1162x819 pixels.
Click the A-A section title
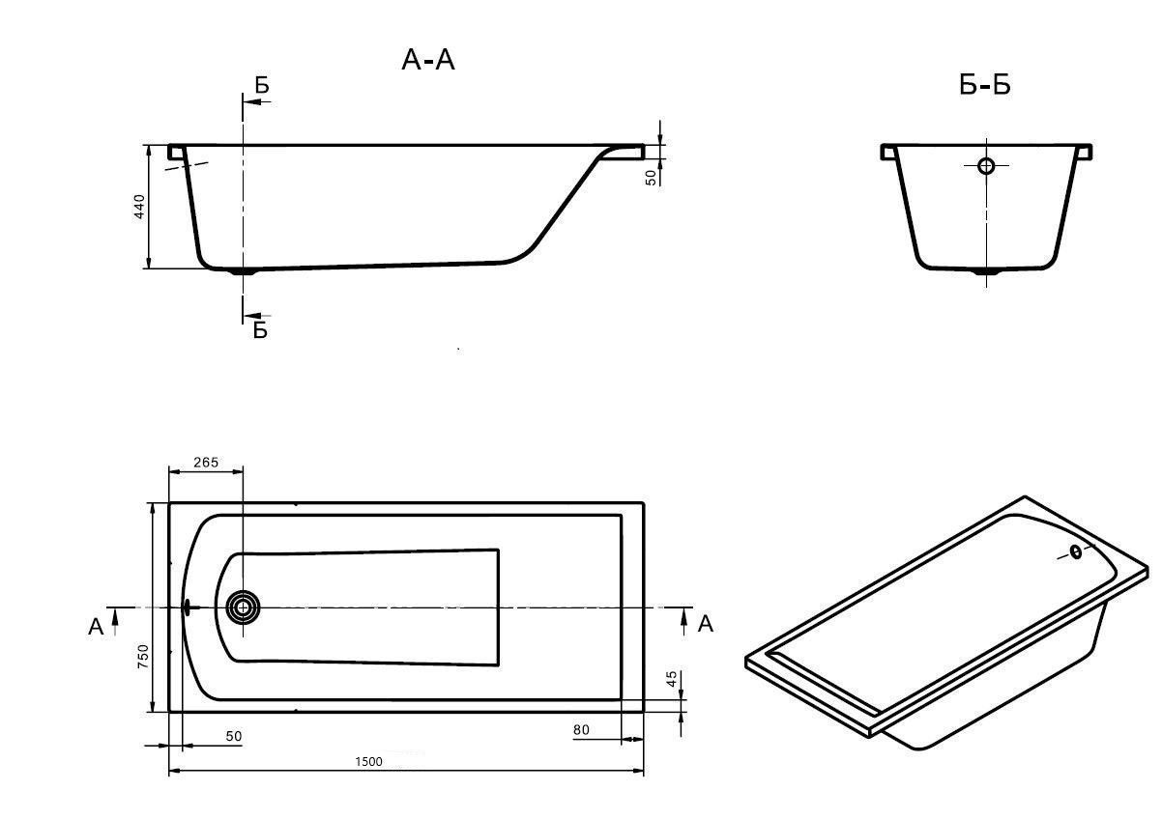point(427,61)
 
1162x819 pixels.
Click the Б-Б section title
point(984,86)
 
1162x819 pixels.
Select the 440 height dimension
point(139,207)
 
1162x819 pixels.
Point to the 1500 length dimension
point(368,761)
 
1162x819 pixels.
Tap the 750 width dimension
point(143,657)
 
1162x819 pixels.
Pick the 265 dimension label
point(205,463)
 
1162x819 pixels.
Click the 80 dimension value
point(581,730)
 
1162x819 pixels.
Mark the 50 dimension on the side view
point(653,176)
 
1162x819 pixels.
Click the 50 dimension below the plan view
point(234,737)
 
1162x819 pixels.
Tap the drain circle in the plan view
point(242,607)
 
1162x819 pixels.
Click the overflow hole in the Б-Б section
point(986,165)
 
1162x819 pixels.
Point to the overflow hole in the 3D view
point(1076,552)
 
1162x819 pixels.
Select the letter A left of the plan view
point(96,628)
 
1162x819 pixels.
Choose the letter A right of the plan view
point(706,624)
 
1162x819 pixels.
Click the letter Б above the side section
point(262,86)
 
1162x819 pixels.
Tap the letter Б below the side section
point(260,330)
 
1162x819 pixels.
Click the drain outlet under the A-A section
point(243,272)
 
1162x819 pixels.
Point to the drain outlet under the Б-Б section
point(986,273)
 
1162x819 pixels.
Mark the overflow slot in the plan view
point(187,607)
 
